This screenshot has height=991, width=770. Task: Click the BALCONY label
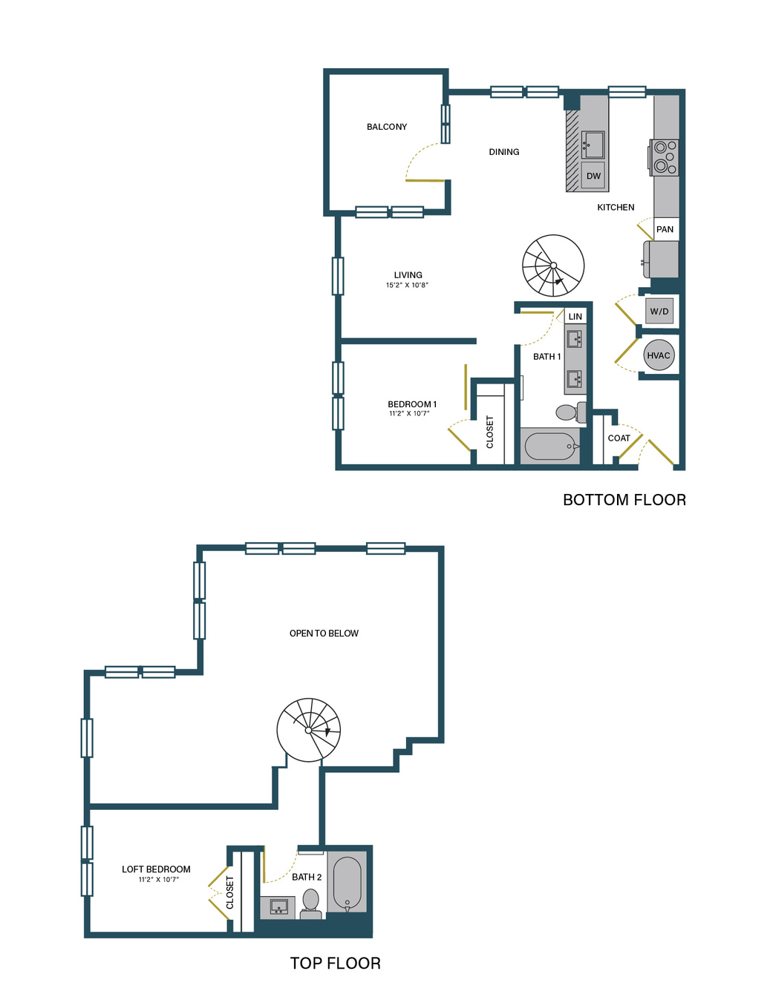click(387, 127)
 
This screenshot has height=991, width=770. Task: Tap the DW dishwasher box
click(593, 176)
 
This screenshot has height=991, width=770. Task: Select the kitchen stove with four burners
click(664, 158)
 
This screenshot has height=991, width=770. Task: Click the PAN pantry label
click(665, 229)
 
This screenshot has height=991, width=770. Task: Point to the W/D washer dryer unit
click(659, 311)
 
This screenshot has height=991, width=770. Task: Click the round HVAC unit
click(658, 355)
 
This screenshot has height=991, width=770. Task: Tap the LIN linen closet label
click(575, 316)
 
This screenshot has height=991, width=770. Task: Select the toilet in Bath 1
click(570, 412)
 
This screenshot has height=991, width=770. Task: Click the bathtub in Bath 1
click(550, 447)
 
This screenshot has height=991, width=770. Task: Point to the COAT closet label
click(619, 438)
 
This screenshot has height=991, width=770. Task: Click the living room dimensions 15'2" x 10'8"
click(407, 286)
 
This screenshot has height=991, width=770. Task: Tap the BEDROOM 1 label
click(412, 404)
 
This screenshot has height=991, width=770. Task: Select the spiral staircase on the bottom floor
click(553, 266)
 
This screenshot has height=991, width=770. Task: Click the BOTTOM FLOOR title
click(624, 500)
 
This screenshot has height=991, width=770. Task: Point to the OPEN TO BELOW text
click(324, 633)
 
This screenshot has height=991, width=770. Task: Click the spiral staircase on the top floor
click(309, 730)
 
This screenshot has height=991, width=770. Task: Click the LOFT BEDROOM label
click(156, 869)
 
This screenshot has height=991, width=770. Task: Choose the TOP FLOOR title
click(336, 963)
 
